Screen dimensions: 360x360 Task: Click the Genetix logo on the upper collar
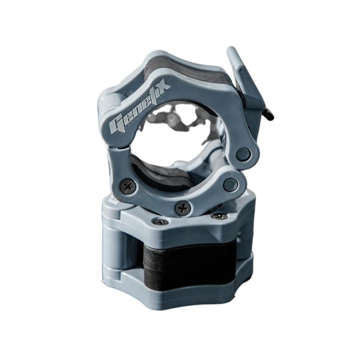139,107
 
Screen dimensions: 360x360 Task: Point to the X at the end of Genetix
163,85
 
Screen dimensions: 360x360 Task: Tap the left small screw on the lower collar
161,222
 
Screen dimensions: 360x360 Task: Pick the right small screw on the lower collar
220,216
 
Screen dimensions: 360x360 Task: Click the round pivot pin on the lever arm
243,153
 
